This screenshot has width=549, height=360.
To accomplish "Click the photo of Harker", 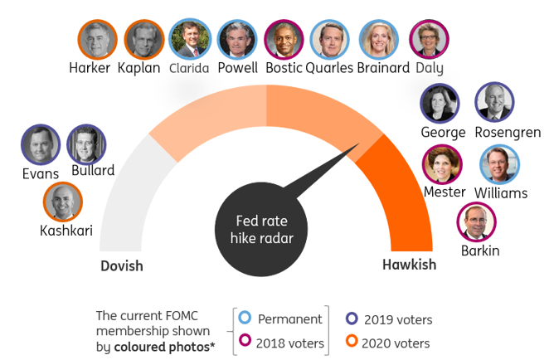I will pyautogui.click(x=98, y=39).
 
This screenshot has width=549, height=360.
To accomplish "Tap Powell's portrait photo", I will pyautogui.click(x=238, y=39).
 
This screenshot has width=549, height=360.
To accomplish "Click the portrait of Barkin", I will pyautogui.click(x=477, y=222).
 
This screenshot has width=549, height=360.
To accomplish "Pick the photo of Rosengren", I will pyautogui.click(x=495, y=103).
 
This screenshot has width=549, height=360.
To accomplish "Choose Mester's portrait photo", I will pyautogui.click(x=443, y=164).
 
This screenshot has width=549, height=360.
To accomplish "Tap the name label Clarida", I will pyautogui.click(x=189, y=69).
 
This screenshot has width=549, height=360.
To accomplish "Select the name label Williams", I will pyautogui.click(x=501, y=193).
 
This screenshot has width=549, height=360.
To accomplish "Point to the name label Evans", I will pyautogui.click(x=41, y=174).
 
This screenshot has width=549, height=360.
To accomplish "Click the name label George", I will pyautogui.click(x=443, y=132).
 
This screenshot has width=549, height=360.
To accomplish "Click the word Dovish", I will pyautogui.click(x=122, y=266).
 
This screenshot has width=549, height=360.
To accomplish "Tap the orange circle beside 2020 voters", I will pyautogui.click(x=352, y=342).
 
